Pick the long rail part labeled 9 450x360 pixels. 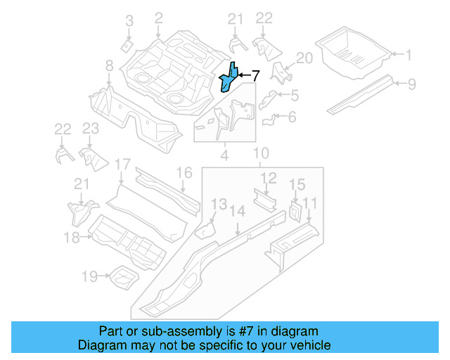point(361,94)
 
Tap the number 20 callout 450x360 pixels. point(303,58)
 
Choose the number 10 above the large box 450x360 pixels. point(261,153)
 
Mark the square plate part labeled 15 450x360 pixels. point(294,210)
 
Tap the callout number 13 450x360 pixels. point(219,205)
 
